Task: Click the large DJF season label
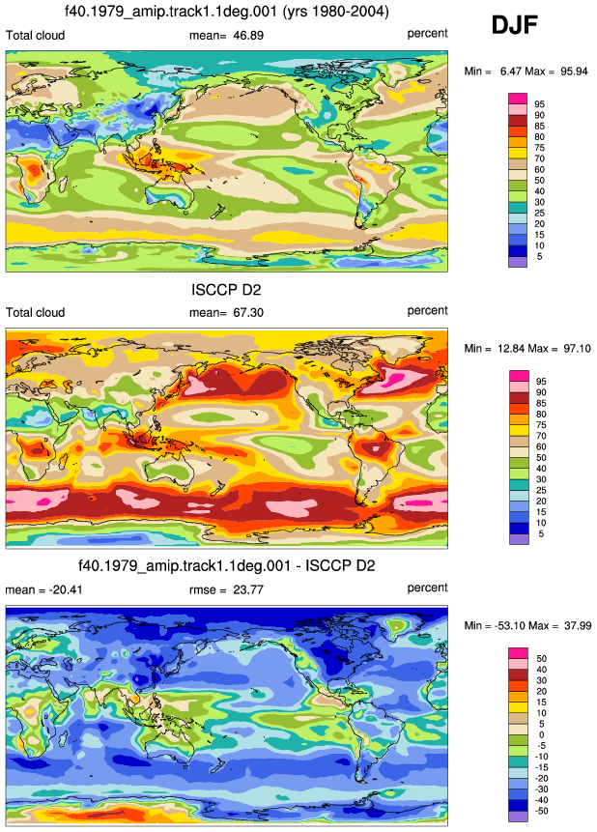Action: coord(515,25)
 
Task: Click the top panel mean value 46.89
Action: coord(248,36)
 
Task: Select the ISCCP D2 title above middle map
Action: coord(226,290)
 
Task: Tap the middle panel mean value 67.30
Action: coord(248,312)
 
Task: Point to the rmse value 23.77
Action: coord(248,589)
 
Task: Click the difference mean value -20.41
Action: coord(67,589)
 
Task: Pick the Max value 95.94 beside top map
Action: coord(574,72)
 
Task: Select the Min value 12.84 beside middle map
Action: coord(515,349)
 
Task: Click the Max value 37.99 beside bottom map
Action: coord(578,625)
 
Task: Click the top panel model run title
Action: coord(227,12)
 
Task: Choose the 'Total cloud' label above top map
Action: coord(35,36)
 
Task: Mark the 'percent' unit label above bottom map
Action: coord(428,588)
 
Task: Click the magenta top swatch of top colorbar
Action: coord(518,99)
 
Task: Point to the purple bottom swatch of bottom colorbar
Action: coord(518,817)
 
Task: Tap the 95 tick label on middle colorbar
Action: coord(541,382)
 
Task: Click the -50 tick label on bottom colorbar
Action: coord(541,811)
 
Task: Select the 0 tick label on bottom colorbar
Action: coord(541,735)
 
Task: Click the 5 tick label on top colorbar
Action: coord(540,256)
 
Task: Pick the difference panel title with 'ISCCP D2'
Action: coord(227,565)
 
